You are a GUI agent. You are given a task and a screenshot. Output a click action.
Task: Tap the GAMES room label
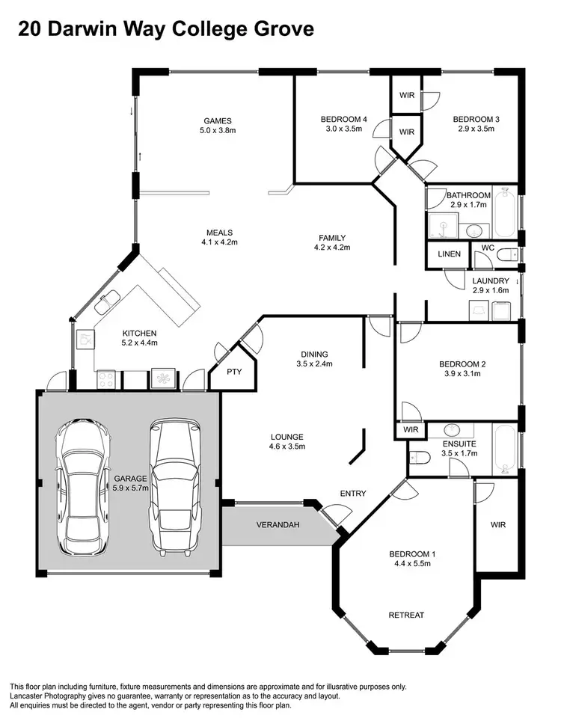[218, 120]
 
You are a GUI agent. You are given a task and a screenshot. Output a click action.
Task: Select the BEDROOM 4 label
[343, 119]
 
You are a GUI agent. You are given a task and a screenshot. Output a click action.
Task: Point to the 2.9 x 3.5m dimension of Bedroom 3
[476, 129]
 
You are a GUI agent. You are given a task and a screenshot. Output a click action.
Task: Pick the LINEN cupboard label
[449, 254]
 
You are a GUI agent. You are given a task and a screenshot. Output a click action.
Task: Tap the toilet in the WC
[506, 254]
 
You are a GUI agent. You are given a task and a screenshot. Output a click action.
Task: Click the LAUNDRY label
[491, 281]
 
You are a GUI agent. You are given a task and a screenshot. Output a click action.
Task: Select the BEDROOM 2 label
[462, 364]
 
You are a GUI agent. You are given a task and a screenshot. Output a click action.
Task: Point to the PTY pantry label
[234, 372]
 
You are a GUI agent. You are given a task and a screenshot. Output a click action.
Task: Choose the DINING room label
[313, 355]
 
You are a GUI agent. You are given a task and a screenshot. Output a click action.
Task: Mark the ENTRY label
[353, 494]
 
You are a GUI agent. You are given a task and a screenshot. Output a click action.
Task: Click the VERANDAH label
[278, 525]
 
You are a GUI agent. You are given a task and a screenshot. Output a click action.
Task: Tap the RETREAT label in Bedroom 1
[406, 615]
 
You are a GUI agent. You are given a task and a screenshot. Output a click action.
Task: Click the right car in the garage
[176, 482]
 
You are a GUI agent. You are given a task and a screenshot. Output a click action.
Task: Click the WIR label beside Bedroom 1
[498, 525]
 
